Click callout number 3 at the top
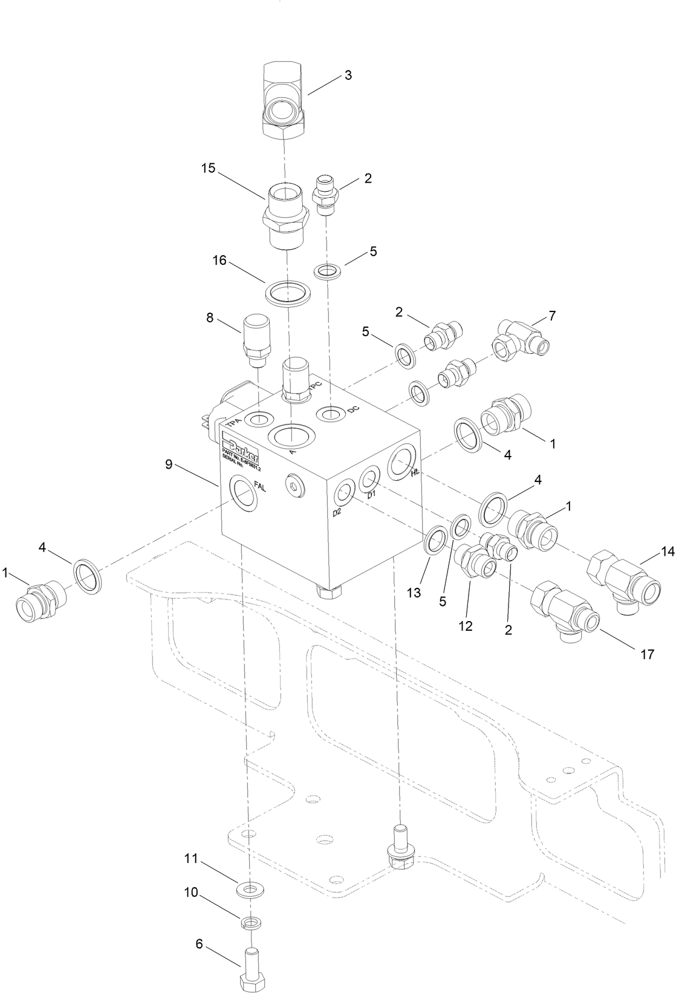tap(348, 76)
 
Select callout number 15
tap(208, 169)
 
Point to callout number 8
tap(210, 317)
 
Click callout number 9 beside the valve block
tap(169, 464)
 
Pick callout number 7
tap(551, 315)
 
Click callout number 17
tap(646, 654)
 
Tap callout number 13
tap(414, 593)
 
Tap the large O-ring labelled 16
tap(288, 293)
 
